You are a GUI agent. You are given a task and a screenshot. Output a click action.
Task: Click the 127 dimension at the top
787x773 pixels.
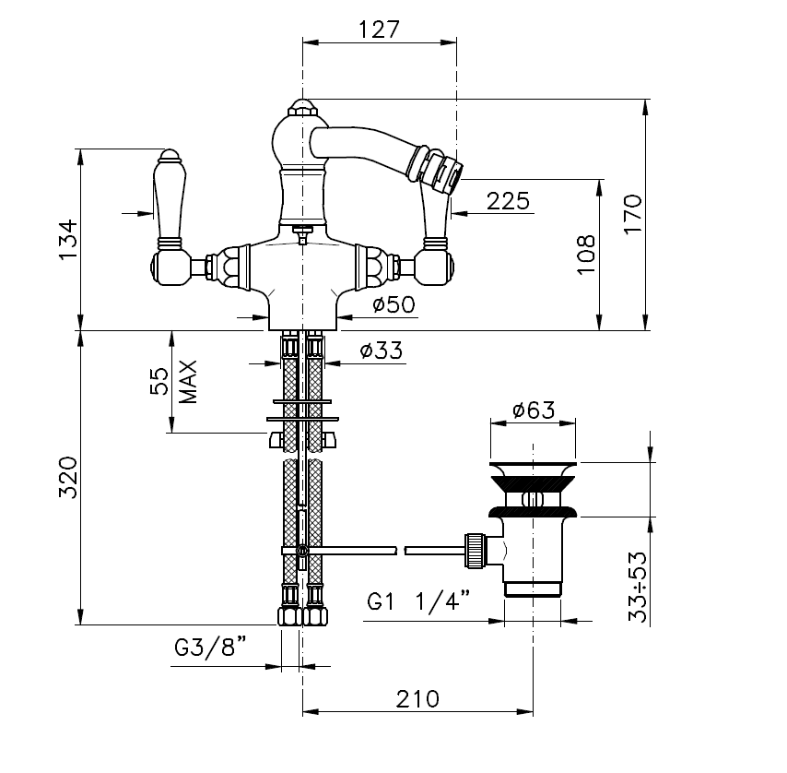click(x=379, y=30)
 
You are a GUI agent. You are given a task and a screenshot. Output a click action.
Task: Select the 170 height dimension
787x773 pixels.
click(x=633, y=213)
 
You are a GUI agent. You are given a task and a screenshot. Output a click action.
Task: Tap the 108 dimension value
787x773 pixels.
click(x=586, y=255)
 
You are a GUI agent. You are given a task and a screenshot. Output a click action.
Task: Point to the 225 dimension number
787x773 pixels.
click(x=508, y=201)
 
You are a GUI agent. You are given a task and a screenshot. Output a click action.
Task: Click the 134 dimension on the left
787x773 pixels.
click(x=69, y=239)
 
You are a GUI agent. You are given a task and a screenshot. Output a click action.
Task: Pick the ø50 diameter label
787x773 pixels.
click(x=394, y=303)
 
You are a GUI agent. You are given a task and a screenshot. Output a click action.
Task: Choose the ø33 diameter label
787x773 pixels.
click(x=382, y=351)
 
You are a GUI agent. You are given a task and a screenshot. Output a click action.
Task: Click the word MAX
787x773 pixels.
click(x=188, y=382)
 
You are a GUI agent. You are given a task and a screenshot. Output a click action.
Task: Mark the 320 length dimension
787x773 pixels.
click(x=68, y=477)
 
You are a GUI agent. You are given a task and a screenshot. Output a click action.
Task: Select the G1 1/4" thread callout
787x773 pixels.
click(x=418, y=600)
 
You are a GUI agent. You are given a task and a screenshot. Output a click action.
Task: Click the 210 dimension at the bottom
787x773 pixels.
click(x=417, y=698)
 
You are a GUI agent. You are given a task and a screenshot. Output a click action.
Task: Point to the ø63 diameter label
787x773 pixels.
click(x=534, y=410)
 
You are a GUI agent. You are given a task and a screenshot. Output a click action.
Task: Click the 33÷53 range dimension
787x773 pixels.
click(x=638, y=587)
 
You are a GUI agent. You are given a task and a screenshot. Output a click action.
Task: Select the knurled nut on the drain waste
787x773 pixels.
click(x=475, y=551)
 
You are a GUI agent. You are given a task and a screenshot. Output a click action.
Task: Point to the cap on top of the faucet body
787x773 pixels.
click(x=301, y=107)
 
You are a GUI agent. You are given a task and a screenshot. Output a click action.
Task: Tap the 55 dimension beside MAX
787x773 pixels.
click(x=159, y=381)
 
